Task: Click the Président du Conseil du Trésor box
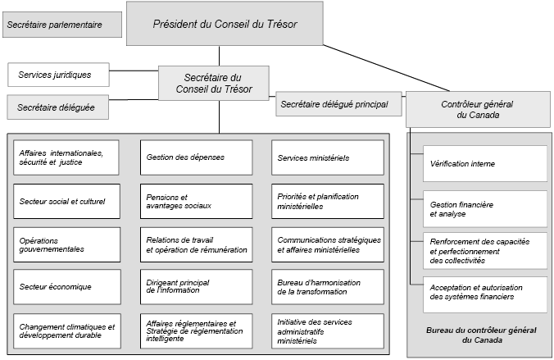click(225, 24)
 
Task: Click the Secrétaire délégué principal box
click(339, 104)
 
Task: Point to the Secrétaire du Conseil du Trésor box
click(218, 83)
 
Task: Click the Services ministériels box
click(327, 157)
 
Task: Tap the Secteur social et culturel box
click(66, 201)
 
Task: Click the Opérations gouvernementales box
click(66, 244)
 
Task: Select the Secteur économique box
click(66, 287)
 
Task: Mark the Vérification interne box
click(484, 163)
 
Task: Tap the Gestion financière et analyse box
click(484, 208)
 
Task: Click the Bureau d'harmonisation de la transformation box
click(327, 287)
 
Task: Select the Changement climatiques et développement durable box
click(66, 330)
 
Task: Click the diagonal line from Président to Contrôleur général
click(385, 66)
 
